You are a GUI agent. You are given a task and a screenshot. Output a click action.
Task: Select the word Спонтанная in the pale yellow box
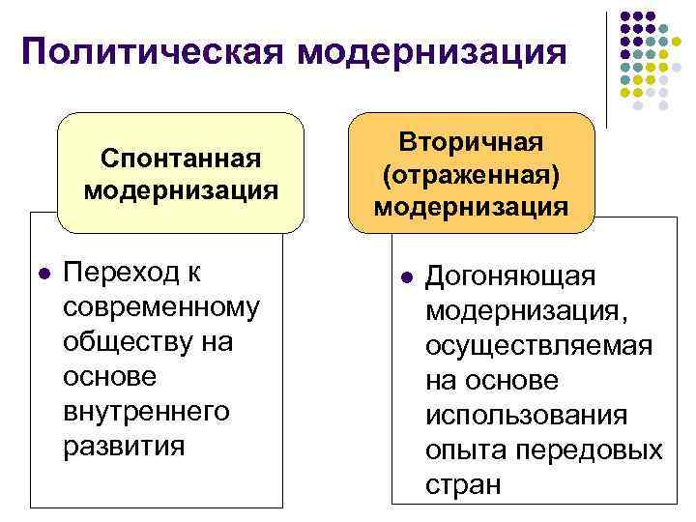pos(181,157)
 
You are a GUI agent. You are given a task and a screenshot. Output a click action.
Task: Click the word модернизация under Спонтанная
pos(181,188)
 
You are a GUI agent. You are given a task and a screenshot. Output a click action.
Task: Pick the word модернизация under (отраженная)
pos(473,206)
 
